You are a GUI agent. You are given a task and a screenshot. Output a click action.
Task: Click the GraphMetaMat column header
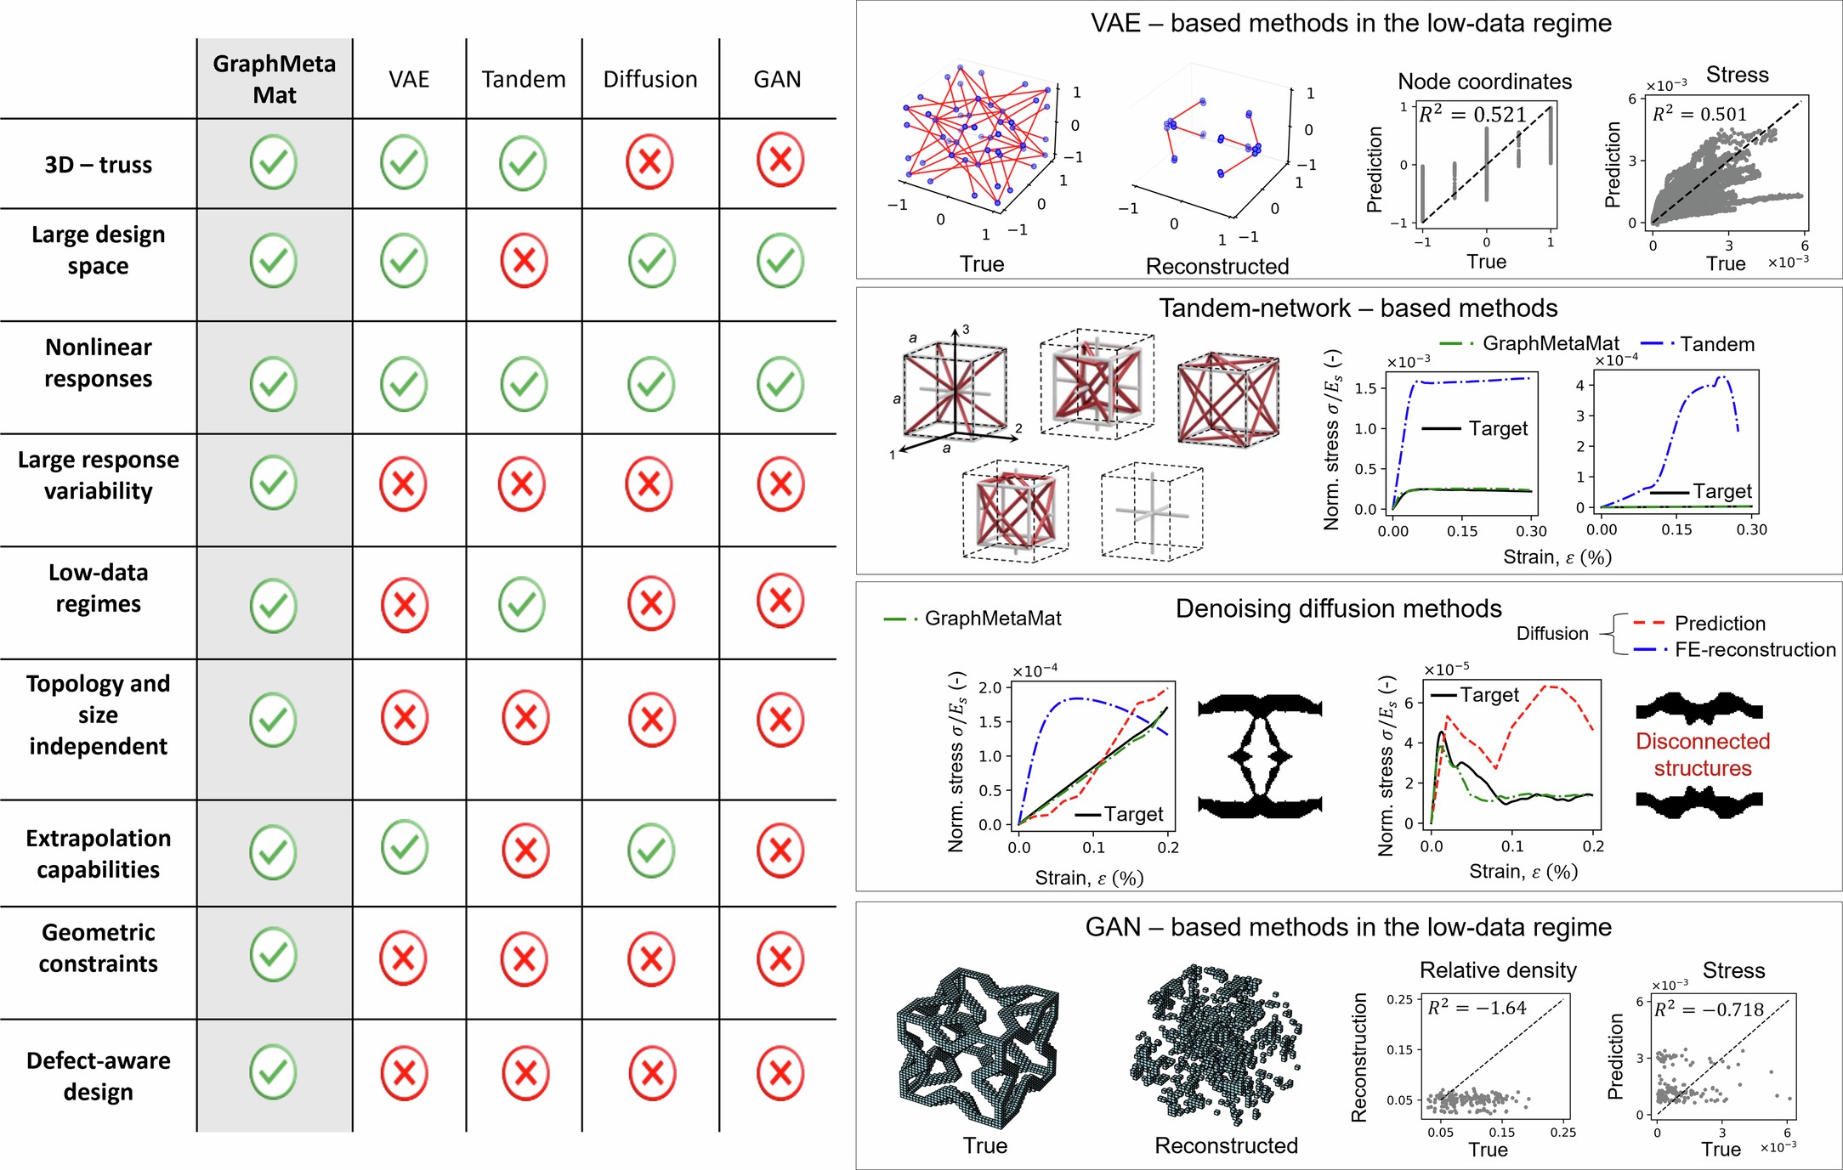[274, 79]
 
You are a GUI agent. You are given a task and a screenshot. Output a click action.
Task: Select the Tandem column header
[523, 79]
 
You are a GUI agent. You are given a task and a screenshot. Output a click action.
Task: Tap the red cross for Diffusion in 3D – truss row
[649, 161]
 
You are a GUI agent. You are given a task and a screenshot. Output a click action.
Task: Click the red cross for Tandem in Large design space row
[524, 260]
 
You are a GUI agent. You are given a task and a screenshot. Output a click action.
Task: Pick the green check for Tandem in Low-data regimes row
[522, 604]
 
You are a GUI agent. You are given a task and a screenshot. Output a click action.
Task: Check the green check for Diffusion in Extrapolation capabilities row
[651, 850]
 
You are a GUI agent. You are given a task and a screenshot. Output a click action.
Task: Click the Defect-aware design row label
[98, 1076]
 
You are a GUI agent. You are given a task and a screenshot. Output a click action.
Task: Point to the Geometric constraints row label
[98, 947]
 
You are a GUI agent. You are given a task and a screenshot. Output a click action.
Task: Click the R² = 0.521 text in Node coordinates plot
[1472, 114]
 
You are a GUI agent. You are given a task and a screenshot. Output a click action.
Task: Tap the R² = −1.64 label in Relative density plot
[1477, 1008]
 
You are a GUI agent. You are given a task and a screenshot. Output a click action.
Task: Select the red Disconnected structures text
[1702, 755]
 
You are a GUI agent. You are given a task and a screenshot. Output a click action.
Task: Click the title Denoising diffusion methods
[1338, 608]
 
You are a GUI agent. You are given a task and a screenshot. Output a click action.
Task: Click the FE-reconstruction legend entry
[1755, 650]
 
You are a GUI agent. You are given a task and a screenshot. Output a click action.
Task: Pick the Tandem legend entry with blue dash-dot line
[1716, 344]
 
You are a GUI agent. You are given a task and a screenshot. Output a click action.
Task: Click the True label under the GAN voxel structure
[984, 1145]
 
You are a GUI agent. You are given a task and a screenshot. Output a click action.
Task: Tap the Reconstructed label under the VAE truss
[1216, 266]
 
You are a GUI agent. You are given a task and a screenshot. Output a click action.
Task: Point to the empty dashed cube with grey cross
[1152, 512]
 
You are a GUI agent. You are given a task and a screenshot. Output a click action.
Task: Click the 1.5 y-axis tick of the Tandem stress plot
[1365, 388]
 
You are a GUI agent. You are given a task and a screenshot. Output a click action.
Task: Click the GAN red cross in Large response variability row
[780, 484]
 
